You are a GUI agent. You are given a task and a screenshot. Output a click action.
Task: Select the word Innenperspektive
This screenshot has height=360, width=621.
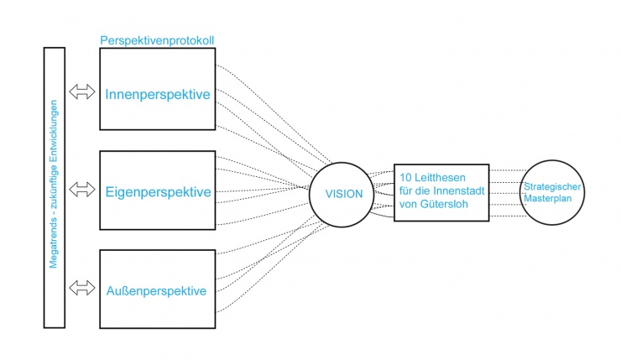point(157,95)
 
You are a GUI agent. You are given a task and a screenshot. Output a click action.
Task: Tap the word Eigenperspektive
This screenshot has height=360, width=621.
point(158,192)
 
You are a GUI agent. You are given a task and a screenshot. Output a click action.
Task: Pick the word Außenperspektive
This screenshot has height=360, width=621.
point(157,291)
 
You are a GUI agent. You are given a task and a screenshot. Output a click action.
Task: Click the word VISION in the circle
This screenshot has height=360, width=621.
point(345,194)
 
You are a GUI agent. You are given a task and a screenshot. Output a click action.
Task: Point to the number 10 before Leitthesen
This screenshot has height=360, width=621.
point(406,179)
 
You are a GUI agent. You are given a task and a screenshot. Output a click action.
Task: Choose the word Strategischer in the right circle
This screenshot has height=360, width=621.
point(553,185)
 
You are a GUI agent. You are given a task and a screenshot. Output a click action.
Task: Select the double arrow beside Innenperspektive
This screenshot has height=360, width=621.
point(82,92)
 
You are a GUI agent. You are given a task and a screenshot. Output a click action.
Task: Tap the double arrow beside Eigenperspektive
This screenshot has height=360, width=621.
point(82,190)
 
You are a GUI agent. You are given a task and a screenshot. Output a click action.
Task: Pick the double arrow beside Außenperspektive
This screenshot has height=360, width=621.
point(82,289)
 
